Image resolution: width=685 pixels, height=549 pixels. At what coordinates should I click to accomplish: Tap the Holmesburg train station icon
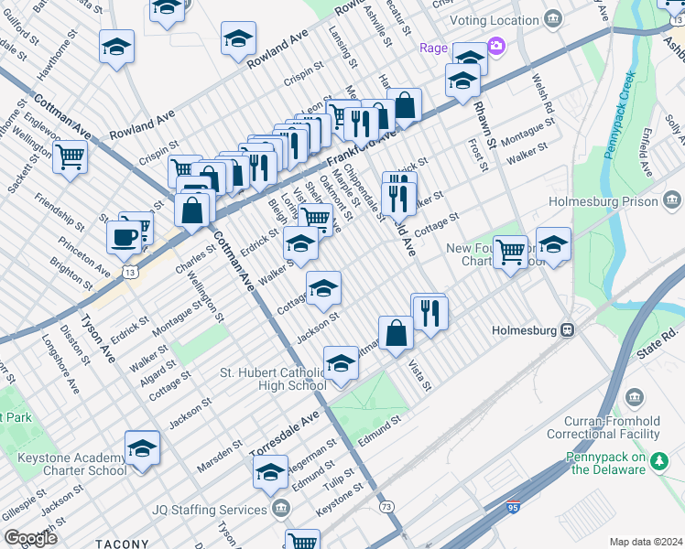pos(568,329)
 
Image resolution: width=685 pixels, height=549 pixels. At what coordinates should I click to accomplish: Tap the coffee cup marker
pos(124,237)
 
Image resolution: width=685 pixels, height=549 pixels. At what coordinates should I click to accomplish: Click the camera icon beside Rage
pos(495,46)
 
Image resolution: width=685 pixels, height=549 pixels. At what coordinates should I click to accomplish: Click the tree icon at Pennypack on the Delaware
pos(657,463)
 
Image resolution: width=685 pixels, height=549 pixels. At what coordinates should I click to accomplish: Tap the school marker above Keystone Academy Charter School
pos(142,447)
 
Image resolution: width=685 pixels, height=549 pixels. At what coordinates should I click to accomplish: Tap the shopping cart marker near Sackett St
pos(70,157)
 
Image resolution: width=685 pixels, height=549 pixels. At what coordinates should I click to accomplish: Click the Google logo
pos(30,538)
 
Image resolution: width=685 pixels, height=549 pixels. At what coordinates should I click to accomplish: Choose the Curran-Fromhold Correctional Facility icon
pos(634,395)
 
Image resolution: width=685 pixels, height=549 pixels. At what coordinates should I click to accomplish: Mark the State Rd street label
pos(661,336)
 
